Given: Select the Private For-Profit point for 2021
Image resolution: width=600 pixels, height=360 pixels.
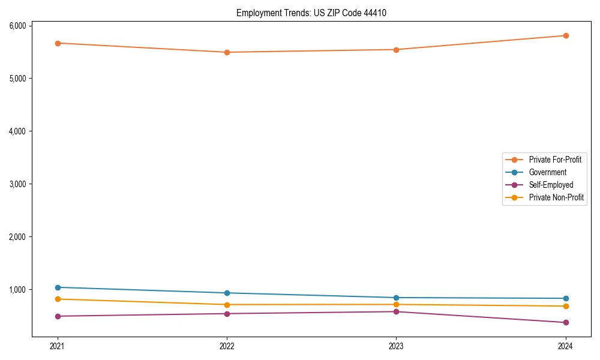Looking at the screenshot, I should tap(58, 43).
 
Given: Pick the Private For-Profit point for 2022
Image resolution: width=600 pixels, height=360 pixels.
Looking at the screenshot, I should tap(227, 52).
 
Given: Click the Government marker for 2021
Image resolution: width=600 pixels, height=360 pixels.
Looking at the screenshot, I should tap(58, 287).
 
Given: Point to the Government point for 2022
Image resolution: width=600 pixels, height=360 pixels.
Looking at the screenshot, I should tap(227, 293).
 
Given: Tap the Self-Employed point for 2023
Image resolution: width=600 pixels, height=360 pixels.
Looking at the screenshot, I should tap(396, 311).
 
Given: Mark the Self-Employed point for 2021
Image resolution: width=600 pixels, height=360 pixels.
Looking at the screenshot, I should tap(58, 316).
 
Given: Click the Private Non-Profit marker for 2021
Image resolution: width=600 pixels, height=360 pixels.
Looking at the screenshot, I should tap(58, 299).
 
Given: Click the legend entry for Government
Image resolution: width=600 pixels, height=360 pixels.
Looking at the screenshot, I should tap(547, 172).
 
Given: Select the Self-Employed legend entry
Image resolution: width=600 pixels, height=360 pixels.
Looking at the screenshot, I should tap(551, 185).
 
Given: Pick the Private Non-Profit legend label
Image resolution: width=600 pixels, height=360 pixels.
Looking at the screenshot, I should tap(556, 197).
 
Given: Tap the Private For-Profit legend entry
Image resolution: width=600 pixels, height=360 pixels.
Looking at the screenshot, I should tap(555, 160).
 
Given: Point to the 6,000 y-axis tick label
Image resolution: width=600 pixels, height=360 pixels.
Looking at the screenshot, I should tap(17, 26).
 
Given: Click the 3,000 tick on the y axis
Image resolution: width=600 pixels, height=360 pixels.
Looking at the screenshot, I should tap(17, 184).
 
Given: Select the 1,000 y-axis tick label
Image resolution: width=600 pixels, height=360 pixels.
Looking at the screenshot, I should tap(17, 290).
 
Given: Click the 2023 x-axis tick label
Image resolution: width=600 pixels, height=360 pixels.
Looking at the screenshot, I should tap(396, 346).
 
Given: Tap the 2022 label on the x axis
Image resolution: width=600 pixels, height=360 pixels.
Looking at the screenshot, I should tap(227, 346).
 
